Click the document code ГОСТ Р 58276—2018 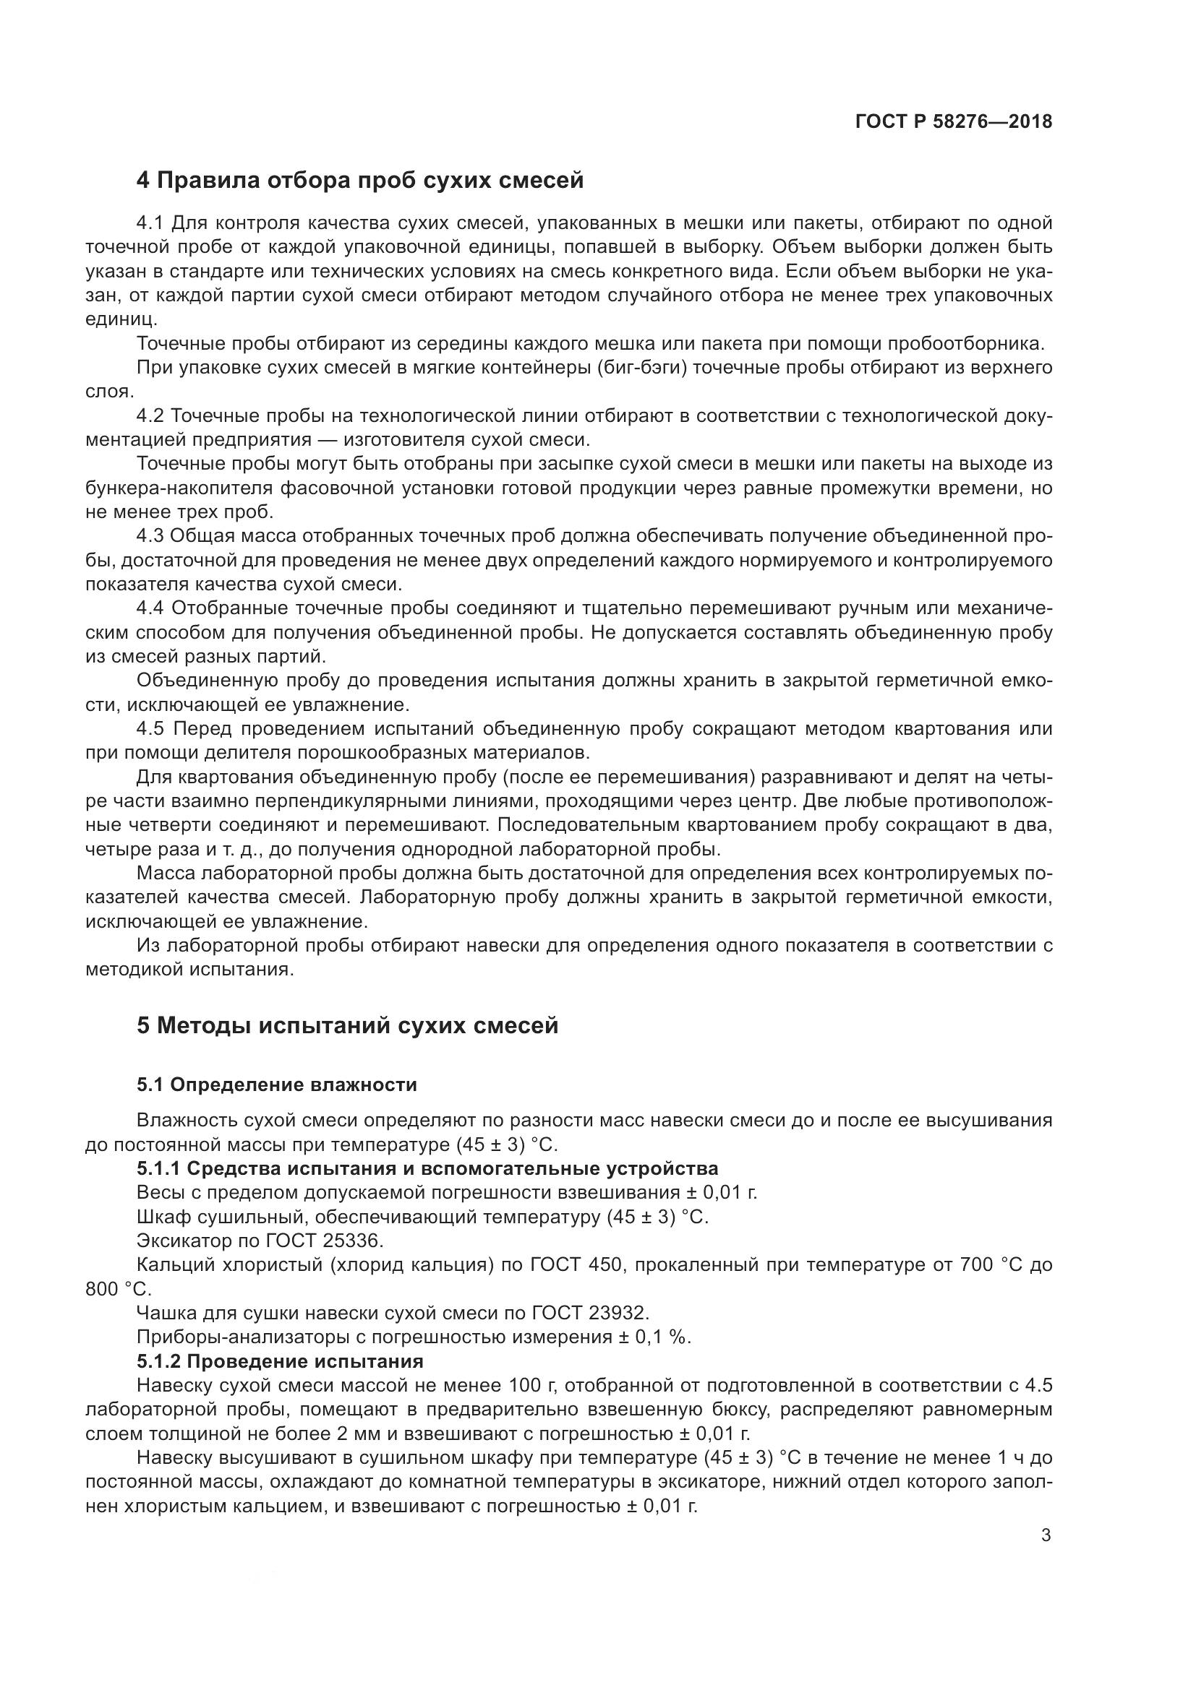pyautogui.click(x=953, y=122)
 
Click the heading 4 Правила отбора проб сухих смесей pyautogui.click(x=360, y=181)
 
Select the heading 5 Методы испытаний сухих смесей pyautogui.click(x=347, y=1025)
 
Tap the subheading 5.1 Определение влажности pyautogui.click(x=276, y=1085)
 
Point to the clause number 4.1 pyautogui.click(x=151, y=223)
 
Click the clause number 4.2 pyautogui.click(x=151, y=417)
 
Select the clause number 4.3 pyautogui.click(x=151, y=537)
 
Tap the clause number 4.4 pyautogui.click(x=151, y=608)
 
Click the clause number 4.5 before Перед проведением pyautogui.click(x=151, y=730)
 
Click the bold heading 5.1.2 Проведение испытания pyautogui.click(x=280, y=1361)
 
